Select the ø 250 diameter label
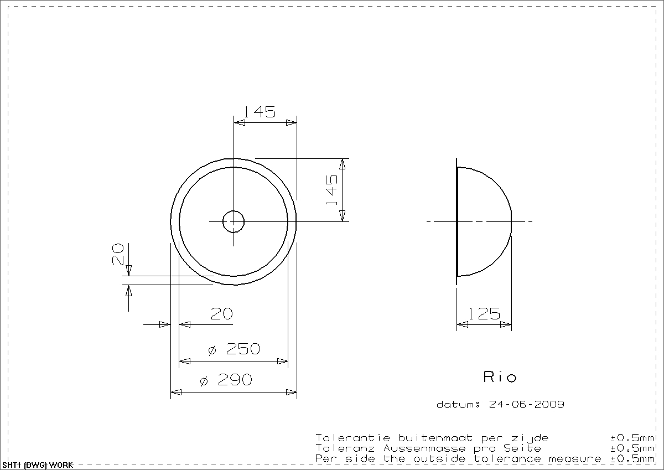[234, 349]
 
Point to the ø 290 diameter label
[226, 380]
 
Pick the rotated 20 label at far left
[118, 254]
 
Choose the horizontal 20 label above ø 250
[222, 314]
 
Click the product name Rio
[500, 376]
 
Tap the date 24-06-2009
[526, 404]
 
